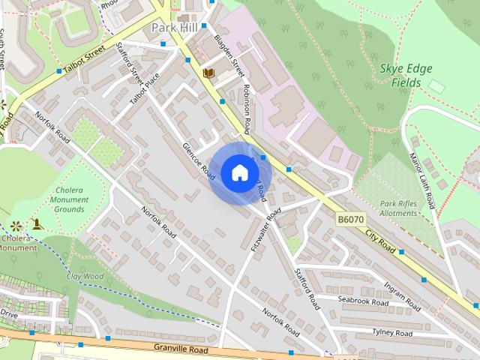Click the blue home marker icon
click(239, 173)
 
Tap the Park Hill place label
click(175, 27)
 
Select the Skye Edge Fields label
click(406, 75)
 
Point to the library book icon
click(208, 73)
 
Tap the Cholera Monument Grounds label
click(70, 200)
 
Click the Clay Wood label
click(85, 276)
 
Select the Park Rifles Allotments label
click(397, 208)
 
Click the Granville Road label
click(179, 348)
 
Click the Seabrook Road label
click(363, 301)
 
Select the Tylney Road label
click(392, 332)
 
